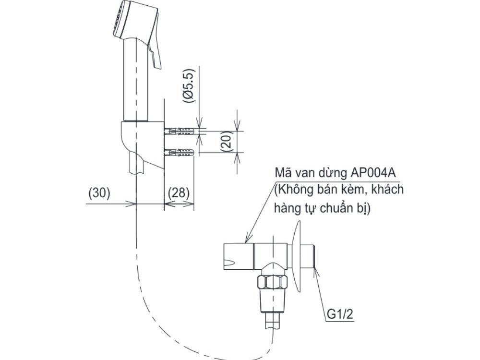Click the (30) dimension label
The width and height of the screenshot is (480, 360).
pos(100,193)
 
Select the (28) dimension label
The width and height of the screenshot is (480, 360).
pos(179,193)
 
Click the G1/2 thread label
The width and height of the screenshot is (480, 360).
pos(341,314)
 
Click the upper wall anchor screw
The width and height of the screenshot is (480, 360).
pos(180,131)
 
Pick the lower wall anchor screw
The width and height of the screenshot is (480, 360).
pos(180,153)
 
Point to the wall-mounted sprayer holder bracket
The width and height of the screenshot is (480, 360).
pos(142,144)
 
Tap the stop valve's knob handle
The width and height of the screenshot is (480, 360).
pos(238,255)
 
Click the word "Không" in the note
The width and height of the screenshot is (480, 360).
pos(294,190)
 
